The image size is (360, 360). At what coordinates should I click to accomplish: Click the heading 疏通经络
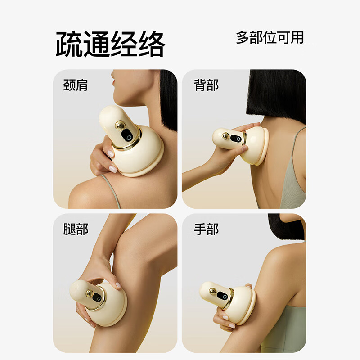tap(110, 44)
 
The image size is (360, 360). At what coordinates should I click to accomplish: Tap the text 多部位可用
tap(270, 37)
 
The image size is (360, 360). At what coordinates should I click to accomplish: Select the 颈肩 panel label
tap(75, 85)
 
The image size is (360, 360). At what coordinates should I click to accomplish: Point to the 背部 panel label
tap(206, 85)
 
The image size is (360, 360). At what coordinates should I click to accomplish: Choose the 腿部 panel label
tap(75, 229)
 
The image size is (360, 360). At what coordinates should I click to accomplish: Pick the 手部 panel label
tap(206, 229)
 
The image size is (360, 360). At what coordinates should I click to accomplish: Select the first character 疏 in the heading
tap(69, 44)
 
